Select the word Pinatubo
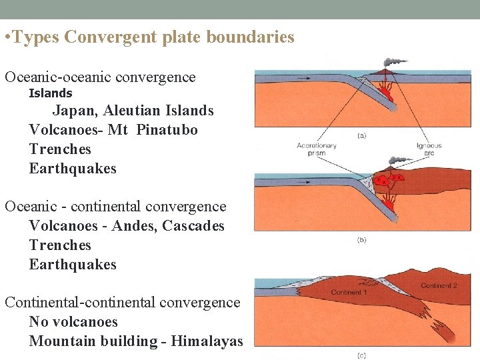167,130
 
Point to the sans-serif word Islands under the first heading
51,93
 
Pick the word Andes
130,226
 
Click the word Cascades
193,226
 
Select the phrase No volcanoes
73,322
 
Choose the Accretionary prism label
317,149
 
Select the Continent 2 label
438,285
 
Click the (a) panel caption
362,135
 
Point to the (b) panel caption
361,240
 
